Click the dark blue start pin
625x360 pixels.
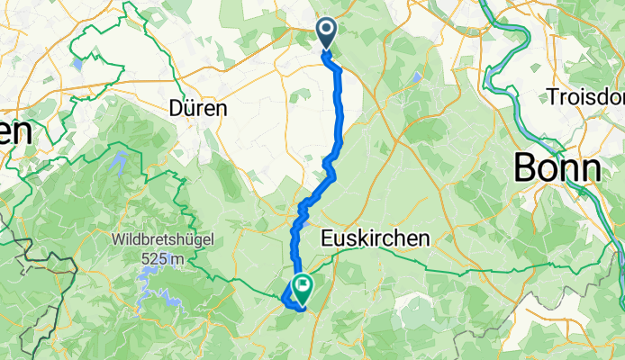point(326,35)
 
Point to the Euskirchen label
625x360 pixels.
point(376,238)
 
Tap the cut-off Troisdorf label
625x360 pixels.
point(585,96)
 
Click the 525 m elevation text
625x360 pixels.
point(163,259)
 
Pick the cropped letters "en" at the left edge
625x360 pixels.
point(15,131)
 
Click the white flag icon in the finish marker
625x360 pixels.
point(302,287)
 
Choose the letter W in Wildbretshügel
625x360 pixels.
point(117,241)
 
